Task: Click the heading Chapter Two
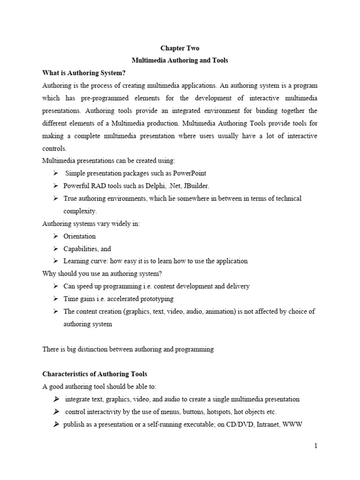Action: click(x=180, y=48)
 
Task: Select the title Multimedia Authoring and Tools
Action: click(x=180, y=60)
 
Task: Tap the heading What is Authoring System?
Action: click(x=84, y=73)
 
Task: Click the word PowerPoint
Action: click(x=189, y=173)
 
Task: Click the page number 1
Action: click(x=316, y=446)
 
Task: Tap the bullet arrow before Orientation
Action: click(x=55, y=236)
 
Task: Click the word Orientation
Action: click(x=79, y=236)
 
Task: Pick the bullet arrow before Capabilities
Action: click(x=55, y=248)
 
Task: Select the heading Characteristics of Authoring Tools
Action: click(x=95, y=374)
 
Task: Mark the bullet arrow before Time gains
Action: click(x=55, y=299)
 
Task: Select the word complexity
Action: click(x=80, y=211)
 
